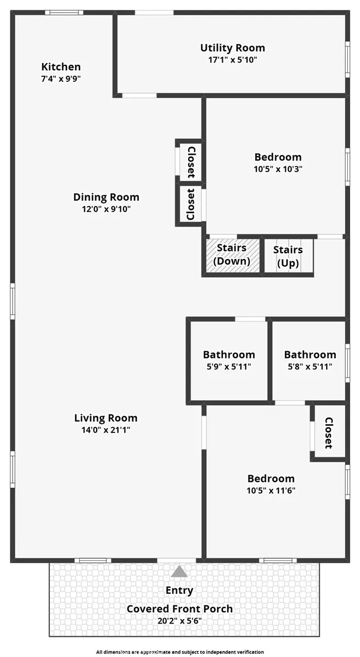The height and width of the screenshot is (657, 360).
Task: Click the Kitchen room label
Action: click(x=61, y=66)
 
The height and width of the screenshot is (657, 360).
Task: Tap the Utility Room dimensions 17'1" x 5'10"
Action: click(x=232, y=59)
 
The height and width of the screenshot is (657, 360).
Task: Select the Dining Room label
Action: click(x=106, y=197)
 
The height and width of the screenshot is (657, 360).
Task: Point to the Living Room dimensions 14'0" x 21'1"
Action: click(x=106, y=429)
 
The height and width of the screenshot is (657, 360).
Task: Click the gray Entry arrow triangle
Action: click(x=179, y=571)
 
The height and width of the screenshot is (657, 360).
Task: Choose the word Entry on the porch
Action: click(x=179, y=591)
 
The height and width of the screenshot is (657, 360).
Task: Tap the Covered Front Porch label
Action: click(x=179, y=608)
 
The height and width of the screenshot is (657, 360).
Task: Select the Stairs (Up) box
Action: click(x=288, y=256)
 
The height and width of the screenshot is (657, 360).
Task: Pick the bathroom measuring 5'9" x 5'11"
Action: click(x=228, y=361)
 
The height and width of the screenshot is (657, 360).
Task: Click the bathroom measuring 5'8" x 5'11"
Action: click(x=310, y=361)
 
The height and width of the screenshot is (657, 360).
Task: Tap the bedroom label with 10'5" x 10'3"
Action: click(x=278, y=157)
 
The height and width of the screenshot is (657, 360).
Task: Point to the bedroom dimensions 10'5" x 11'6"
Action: click(x=272, y=490)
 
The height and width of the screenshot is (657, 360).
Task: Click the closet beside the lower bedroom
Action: click(x=328, y=433)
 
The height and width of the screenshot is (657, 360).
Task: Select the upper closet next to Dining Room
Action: click(x=191, y=162)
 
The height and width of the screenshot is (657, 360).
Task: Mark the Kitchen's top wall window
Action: click(x=64, y=13)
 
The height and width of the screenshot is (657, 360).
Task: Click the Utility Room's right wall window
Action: click(x=347, y=59)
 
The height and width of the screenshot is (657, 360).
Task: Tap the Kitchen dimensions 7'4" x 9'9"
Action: click(x=61, y=78)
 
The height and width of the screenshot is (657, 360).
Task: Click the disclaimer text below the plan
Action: click(x=180, y=652)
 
